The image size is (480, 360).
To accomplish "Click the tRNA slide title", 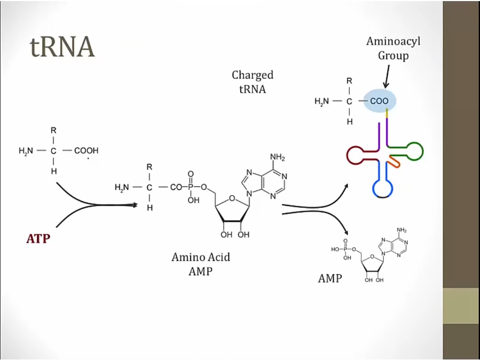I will (62, 47).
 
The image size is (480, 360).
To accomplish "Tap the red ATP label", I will (38, 238).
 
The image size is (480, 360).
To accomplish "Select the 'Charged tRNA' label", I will (252, 82).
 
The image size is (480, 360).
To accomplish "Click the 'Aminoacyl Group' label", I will (393, 48).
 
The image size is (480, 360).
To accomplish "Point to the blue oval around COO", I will (380, 101).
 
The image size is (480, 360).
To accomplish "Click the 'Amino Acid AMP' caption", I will (201, 263).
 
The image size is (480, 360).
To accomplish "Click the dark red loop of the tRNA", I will (357, 155).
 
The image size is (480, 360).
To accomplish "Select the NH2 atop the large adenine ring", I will (277, 157).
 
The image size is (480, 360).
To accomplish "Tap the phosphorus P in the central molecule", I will (189, 187).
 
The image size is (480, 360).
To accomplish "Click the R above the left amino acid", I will (54, 130).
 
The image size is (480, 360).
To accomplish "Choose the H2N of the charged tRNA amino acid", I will (322, 101).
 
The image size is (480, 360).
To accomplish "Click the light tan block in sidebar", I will (461, 306).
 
